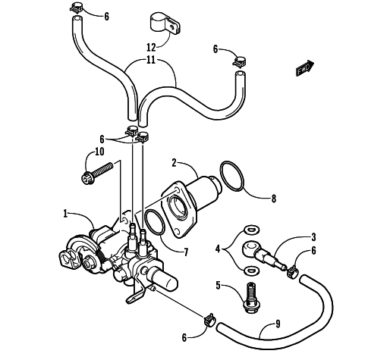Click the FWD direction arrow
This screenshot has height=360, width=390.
pos(305,67)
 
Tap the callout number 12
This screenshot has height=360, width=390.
pos(151,47)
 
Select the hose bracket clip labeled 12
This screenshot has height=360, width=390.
pos(166,25)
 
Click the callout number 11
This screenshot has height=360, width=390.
pos(151,61)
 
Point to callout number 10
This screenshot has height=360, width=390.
pos(99,152)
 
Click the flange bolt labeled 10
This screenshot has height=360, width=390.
pos(97,173)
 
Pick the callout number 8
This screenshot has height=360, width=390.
pos(273,199)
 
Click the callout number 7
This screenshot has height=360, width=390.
pos(186,252)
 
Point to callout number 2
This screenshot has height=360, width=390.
pos(174,163)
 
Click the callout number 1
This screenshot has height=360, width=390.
pos(65,214)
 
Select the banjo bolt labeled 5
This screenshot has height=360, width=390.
pos(250,298)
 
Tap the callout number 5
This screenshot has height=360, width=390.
pos(219,286)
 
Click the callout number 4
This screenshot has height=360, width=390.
pos(218,249)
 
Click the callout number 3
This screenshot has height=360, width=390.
pos(313,237)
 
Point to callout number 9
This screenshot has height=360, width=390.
pos(278,324)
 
